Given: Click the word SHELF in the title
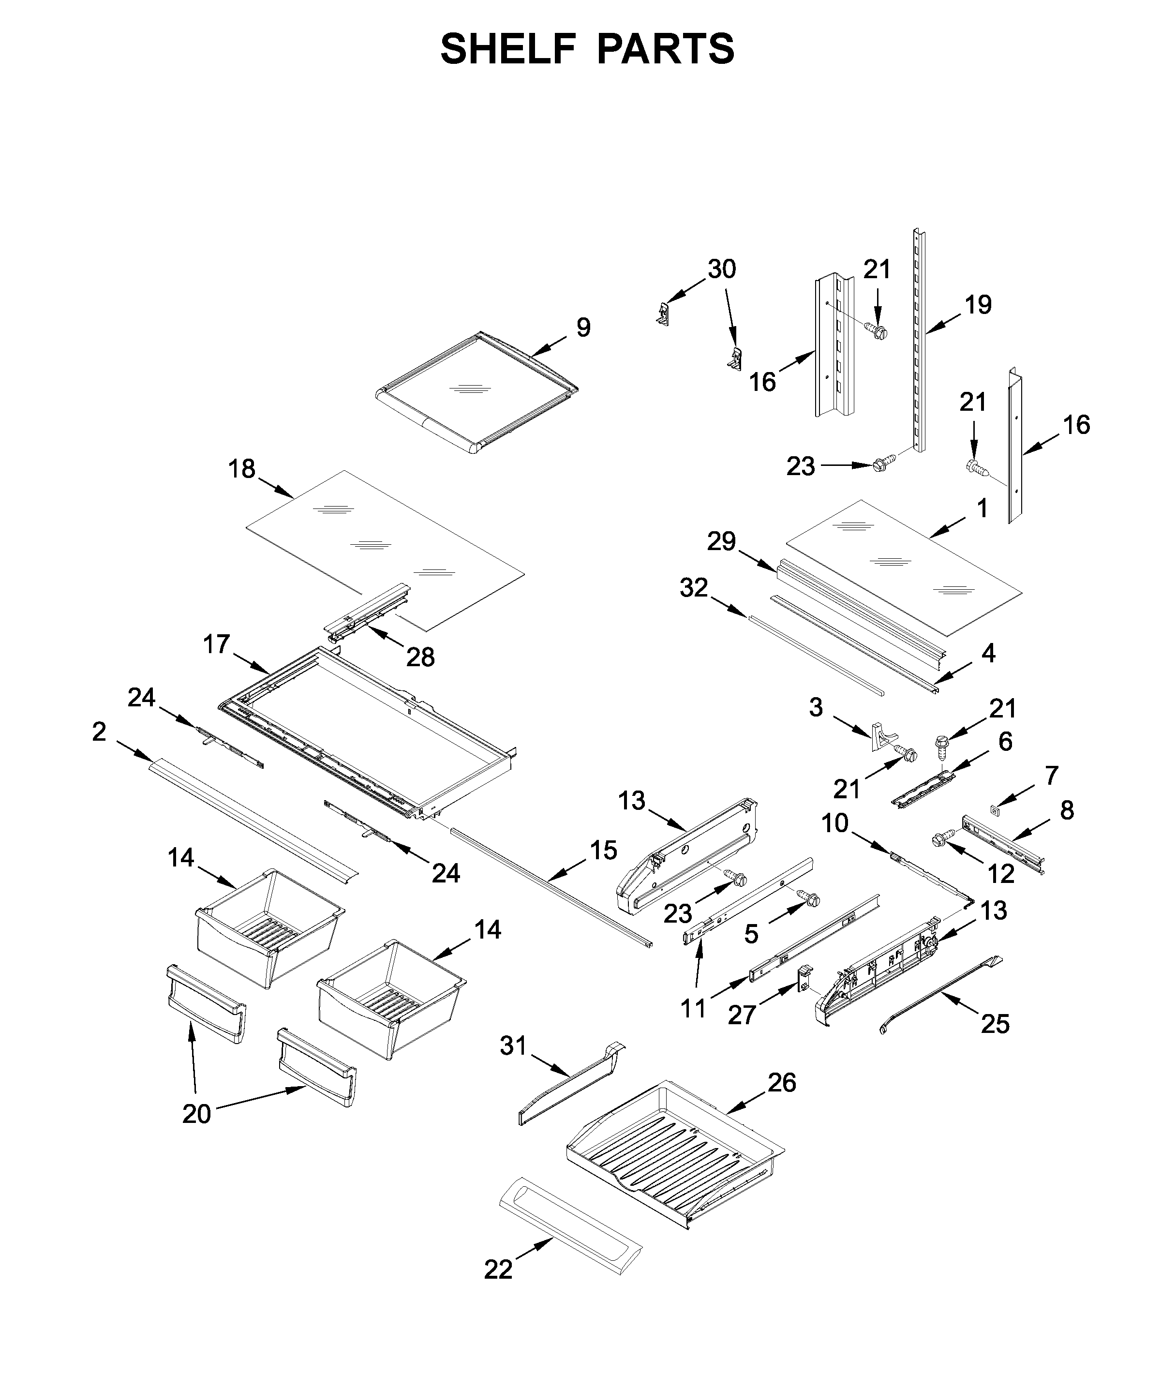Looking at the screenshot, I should click(507, 49).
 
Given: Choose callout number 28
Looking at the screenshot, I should click(421, 657).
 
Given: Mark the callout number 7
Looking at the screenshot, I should click(1051, 776).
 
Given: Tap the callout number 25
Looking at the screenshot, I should click(995, 1024).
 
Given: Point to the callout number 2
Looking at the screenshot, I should click(99, 732).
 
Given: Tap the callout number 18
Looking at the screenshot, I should click(241, 469).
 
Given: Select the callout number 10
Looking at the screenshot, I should click(834, 823).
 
